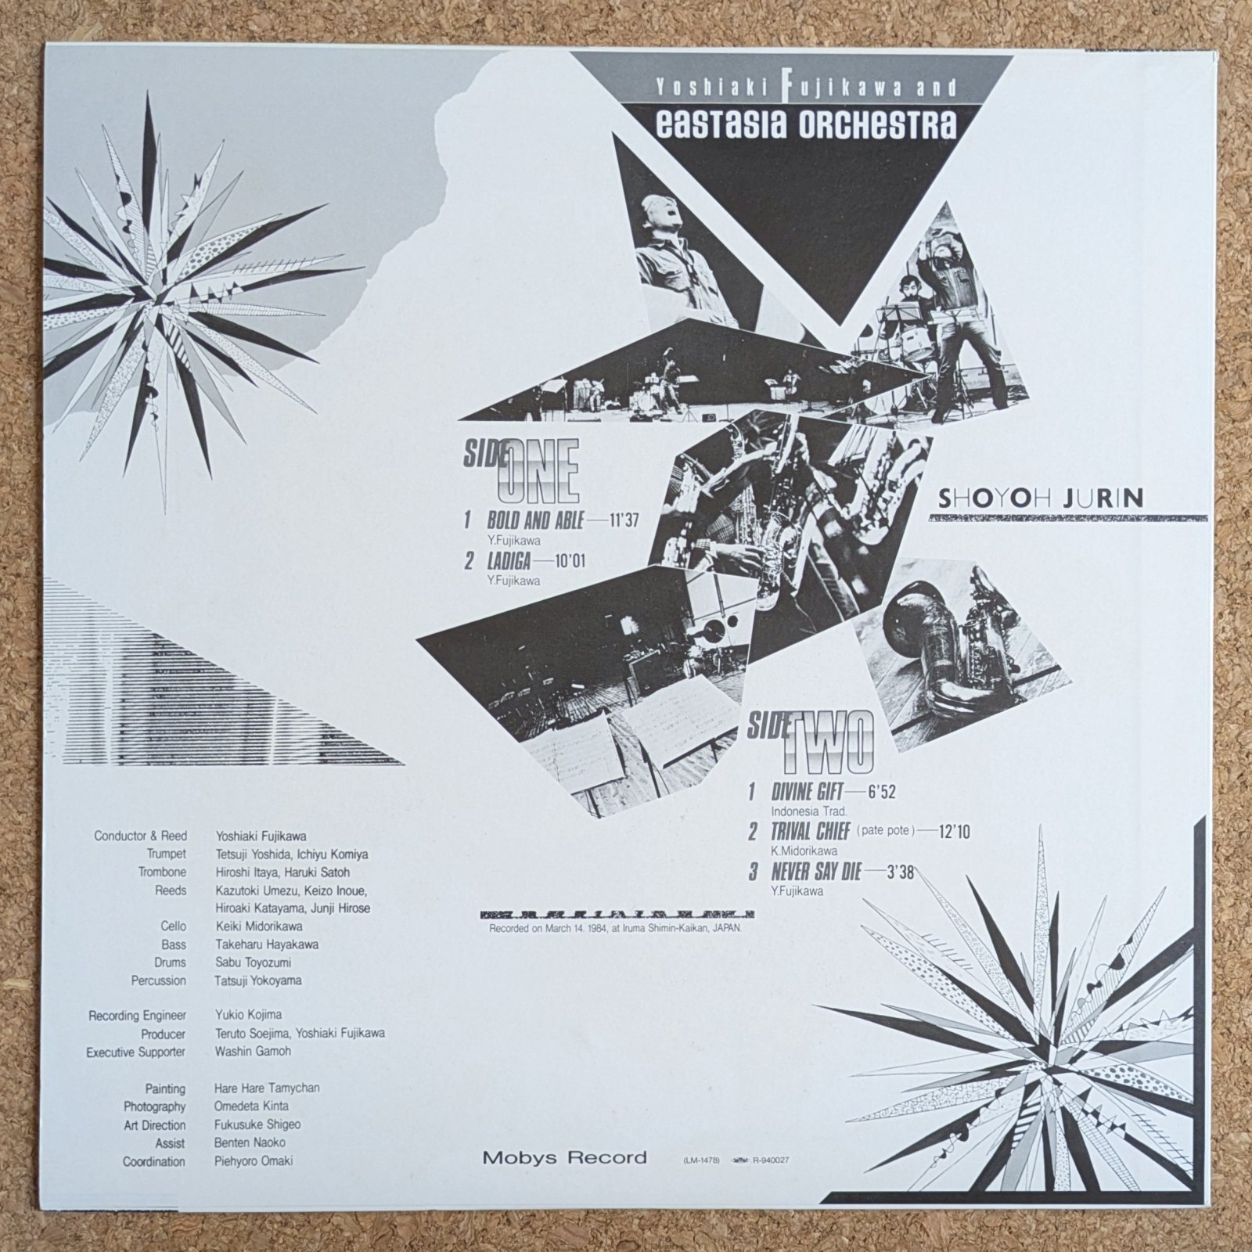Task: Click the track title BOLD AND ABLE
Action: click(x=535, y=519)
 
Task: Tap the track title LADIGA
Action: click(x=509, y=560)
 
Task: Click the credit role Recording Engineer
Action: click(x=137, y=1016)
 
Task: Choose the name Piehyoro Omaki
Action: click(x=254, y=1161)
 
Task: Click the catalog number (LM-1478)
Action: click(x=695, y=1161)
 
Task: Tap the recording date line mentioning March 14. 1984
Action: click(x=615, y=928)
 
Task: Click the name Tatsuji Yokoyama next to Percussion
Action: click(x=258, y=980)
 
